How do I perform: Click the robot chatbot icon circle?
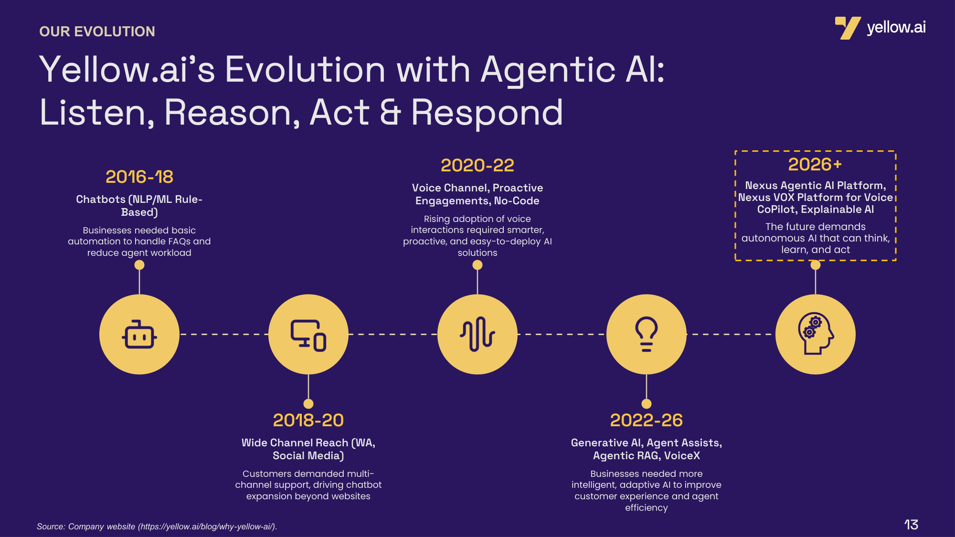point(139,334)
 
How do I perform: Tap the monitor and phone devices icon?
point(308,335)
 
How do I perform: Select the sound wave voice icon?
point(477,334)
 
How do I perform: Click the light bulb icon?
point(647,334)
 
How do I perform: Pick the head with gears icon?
point(816,334)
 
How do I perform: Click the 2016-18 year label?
point(139,177)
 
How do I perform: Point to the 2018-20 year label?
point(308,420)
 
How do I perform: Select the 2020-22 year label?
point(477,165)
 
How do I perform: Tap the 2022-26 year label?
point(647,420)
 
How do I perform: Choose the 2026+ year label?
point(815,164)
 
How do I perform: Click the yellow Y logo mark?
point(848,28)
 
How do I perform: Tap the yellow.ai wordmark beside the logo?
point(896,28)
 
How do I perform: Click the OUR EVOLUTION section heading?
point(97,32)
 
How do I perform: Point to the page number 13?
point(911,525)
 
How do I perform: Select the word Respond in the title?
point(487,113)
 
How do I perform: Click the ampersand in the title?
point(390,112)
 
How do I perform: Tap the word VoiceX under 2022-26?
point(682,455)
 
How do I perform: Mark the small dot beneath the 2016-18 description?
point(139,265)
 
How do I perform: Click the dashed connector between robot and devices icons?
point(224,334)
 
